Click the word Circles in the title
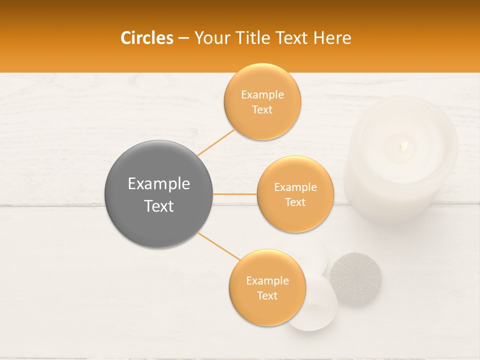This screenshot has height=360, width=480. (146, 38)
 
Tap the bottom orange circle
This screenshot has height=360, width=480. (267, 310)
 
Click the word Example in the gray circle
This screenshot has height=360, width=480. (159, 184)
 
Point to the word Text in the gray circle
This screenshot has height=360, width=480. (159, 206)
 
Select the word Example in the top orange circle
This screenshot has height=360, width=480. (262, 94)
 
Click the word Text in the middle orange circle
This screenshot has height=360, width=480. (295, 202)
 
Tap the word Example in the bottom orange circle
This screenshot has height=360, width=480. (267, 280)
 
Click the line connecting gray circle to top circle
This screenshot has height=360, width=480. (216, 142)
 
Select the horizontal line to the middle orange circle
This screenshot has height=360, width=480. (235, 194)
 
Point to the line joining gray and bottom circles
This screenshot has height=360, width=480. (218, 246)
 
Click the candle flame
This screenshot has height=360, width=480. (403, 146)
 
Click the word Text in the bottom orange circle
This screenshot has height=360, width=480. (267, 296)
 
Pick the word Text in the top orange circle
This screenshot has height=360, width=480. (262, 110)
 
